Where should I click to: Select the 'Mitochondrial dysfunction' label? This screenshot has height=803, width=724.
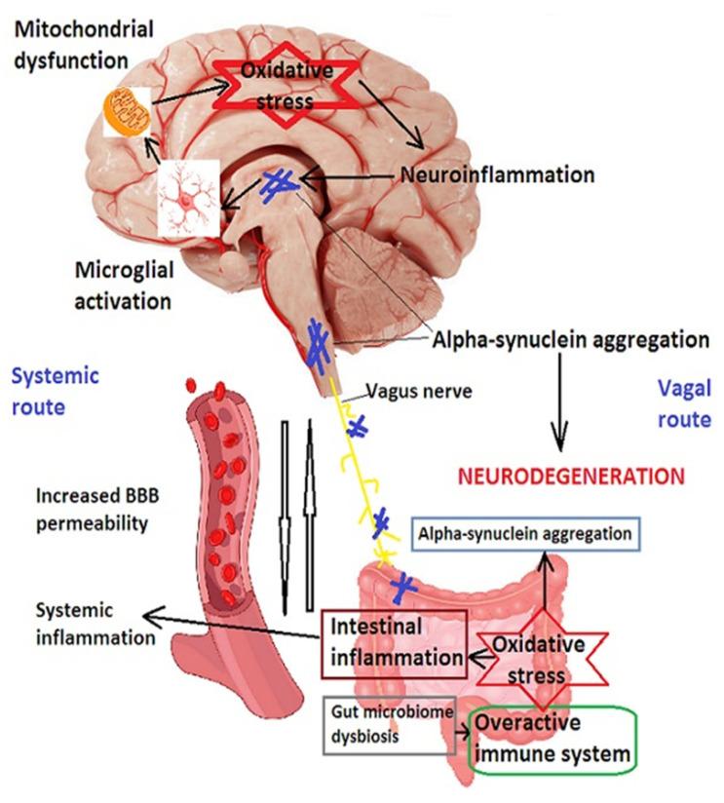click(84, 44)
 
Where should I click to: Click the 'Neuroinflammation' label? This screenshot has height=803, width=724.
click(497, 176)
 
